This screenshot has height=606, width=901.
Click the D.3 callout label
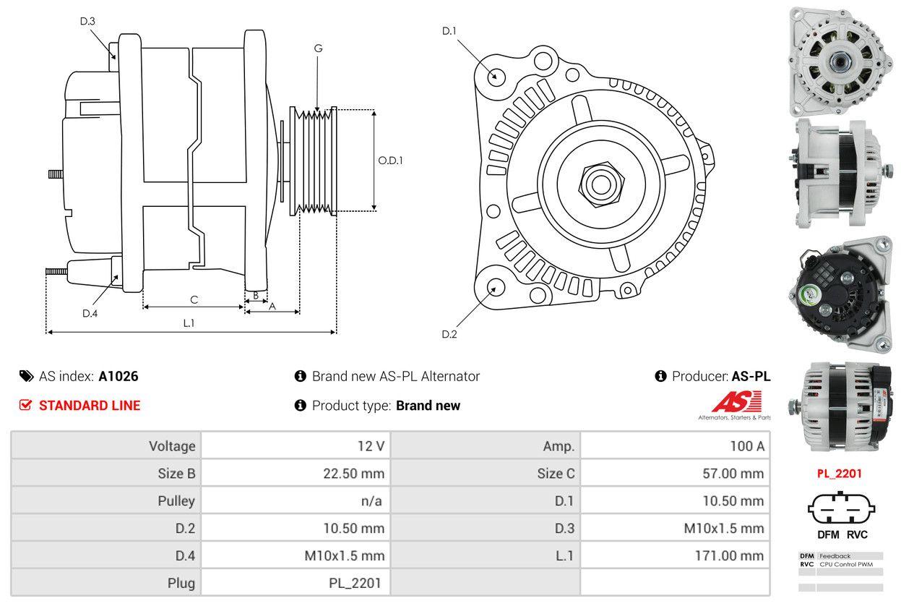(x=87, y=21)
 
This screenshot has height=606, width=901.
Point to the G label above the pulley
(x=318, y=48)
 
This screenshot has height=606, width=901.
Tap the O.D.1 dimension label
(x=390, y=161)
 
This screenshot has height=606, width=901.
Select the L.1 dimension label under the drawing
(x=189, y=323)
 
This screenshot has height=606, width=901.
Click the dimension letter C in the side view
(x=194, y=299)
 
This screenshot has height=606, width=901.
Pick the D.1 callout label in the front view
(x=449, y=30)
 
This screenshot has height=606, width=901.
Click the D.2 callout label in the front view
(x=449, y=334)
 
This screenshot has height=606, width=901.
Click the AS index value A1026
(x=118, y=376)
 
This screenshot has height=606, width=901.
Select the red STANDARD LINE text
(x=90, y=406)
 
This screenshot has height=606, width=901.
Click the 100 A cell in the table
(x=746, y=446)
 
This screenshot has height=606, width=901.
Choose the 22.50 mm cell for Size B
(x=353, y=474)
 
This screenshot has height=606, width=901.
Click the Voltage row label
(x=172, y=446)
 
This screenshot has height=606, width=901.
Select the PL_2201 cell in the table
(x=355, y=583)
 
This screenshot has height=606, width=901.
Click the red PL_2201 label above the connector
(x=840, y=474)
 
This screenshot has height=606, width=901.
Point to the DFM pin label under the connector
(x=828, y=534)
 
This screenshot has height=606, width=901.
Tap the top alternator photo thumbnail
(x=840, y=61)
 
